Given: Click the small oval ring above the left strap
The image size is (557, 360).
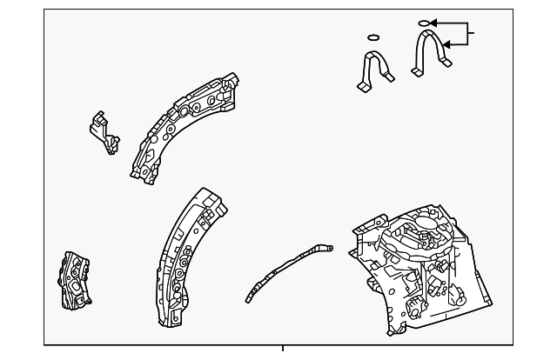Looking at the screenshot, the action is [373, 37].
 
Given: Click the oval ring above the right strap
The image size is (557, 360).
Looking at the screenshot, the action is [424, 23].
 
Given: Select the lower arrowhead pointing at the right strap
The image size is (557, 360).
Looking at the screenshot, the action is [447, 43].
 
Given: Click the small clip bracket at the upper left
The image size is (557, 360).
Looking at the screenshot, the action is [104, 132].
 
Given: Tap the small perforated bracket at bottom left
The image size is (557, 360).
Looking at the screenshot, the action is [74, 280].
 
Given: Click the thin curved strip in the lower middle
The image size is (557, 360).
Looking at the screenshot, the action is [286, 272].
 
